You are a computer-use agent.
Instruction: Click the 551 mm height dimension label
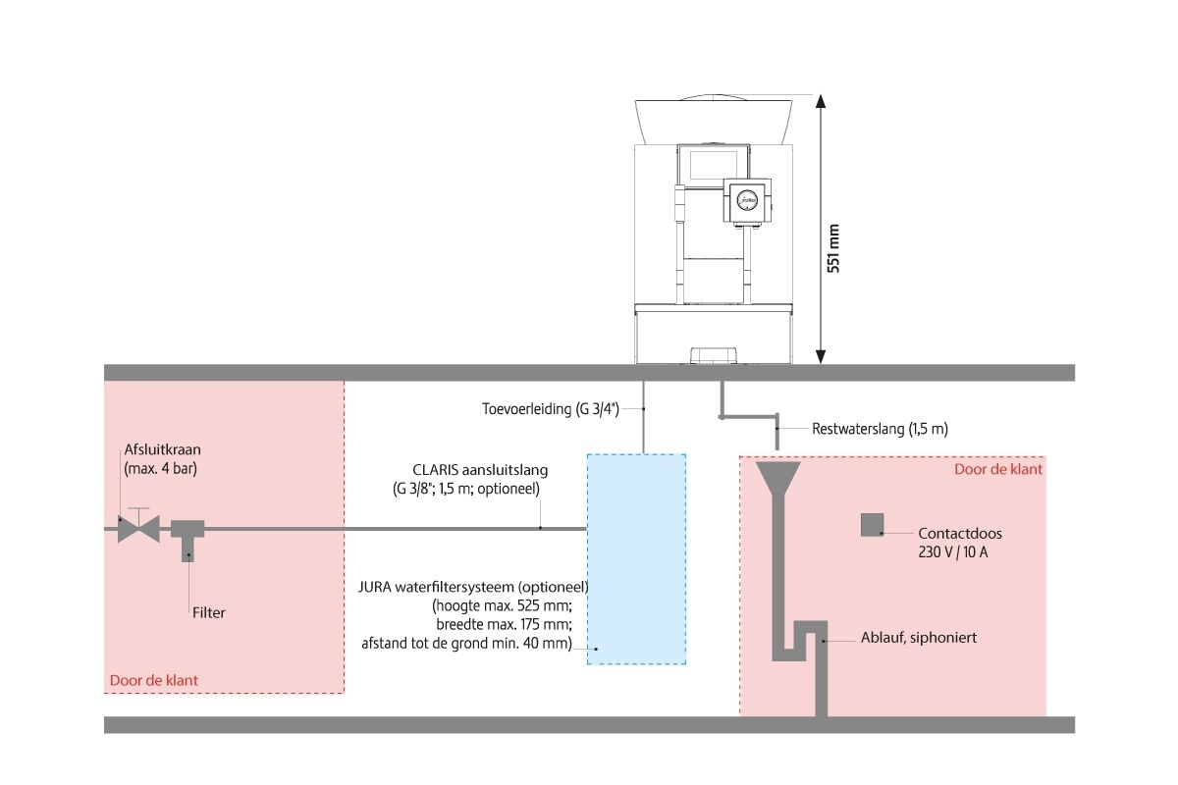tap(833, 248)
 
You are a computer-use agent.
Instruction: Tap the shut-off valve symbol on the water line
tap(138, 527)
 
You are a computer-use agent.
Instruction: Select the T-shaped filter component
tap(187, 539)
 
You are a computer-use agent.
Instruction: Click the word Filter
tap(209, 612)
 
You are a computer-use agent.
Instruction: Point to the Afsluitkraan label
tap(163, 449)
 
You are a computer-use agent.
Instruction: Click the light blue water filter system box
tap(636, 559)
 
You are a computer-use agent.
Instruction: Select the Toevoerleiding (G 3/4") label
tap(551, 408)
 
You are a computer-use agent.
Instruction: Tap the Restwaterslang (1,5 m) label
tap(880, 429)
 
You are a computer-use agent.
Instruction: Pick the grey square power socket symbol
tap(872, 525)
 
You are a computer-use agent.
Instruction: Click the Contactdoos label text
tap(960, 533)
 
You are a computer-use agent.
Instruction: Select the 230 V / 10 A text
tap(953, 552)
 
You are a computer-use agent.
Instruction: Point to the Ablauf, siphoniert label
tap(919, 638)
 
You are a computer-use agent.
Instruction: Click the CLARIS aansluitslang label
tap(480, 469)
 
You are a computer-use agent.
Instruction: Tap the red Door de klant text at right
tap(997, 469)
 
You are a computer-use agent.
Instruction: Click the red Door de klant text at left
tap(153, 680)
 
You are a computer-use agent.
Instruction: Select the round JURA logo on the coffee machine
tap(747, 200)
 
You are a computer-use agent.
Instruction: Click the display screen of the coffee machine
tap(713, 165)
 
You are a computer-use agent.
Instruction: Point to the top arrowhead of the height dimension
tap(820, 101)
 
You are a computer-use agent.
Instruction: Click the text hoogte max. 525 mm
tap(502, 605)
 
